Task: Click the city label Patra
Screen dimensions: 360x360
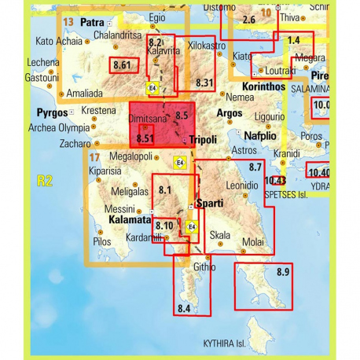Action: point(93,22)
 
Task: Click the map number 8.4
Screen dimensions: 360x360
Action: point(185,307)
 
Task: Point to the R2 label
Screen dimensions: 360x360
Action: point(44,181)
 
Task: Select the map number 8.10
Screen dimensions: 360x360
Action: point(164,226)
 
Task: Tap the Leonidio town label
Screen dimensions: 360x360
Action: point(243,185)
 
